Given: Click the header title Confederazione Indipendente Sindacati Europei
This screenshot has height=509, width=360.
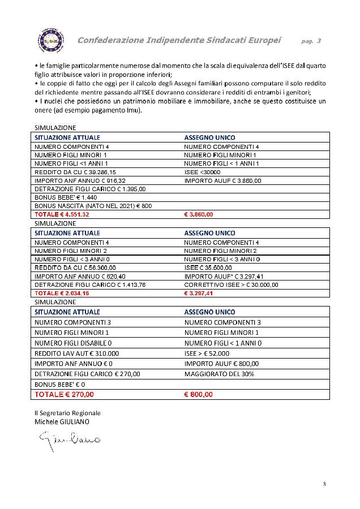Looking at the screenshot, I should click(x=179, y=40).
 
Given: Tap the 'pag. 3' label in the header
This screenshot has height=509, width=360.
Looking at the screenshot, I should click(x=311, y=41).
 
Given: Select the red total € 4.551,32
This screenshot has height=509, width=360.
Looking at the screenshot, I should click(x=62, y=215).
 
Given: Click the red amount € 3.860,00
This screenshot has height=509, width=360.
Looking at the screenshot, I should click(x=199, y=215).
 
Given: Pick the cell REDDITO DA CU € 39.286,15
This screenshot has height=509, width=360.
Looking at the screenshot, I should click(x=75, y=172).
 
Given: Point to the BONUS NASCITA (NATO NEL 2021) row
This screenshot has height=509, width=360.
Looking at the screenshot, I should click(x=93, y=206).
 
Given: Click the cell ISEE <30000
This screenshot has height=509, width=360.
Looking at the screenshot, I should click(x=203, y=172).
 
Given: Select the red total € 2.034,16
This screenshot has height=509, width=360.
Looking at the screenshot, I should click(x=62, y=294).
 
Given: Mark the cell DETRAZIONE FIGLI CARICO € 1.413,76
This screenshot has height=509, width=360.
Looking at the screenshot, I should click(x=90, y=285).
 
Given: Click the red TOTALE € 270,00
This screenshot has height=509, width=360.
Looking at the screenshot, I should click(x=65, y=394).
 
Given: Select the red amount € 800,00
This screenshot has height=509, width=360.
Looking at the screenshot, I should click(x=199, y=394).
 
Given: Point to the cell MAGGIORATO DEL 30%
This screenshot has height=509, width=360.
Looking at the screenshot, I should click(x=219, y=374).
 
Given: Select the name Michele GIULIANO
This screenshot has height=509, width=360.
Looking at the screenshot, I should click(x=62, y=421).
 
